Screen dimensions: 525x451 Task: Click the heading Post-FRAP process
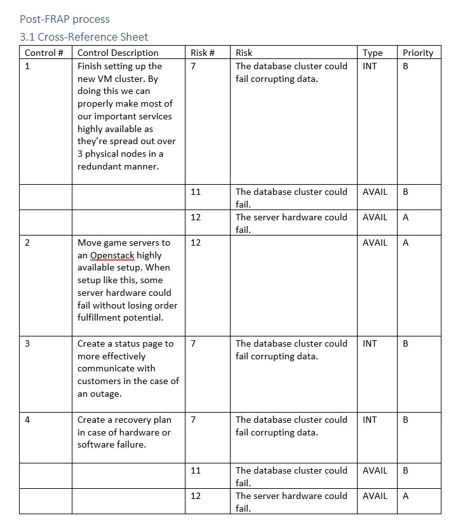[65, 20]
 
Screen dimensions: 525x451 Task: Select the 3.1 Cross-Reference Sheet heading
[84, 37]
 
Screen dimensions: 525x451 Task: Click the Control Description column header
[118, 53]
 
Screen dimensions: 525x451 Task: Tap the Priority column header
[417, 53]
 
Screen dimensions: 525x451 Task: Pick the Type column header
[372, 53]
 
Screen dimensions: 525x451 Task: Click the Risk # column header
[202, 53]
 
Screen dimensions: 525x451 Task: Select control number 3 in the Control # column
[27, 343]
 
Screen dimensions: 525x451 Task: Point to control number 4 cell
[27, 420]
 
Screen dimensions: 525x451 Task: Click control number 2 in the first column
[27, 243]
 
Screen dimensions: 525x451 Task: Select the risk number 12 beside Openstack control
[196, 243]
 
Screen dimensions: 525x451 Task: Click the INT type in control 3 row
[370, 343]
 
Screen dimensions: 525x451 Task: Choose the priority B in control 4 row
[406, 420]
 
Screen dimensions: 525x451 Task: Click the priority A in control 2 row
[406, 243]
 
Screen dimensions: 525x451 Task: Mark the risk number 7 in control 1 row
[193, 66]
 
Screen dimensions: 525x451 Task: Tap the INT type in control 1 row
[370, 66]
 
